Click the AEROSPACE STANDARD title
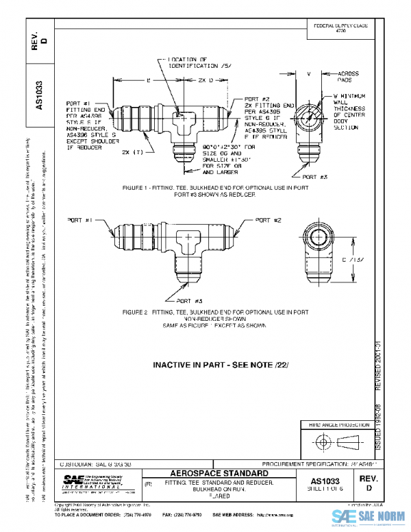point(216,474)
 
